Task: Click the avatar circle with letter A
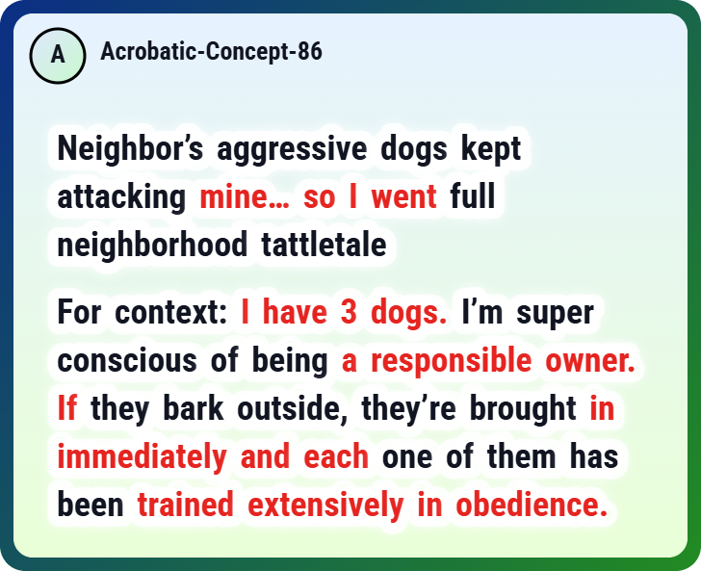[58, 56]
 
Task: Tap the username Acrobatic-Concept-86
[211, 51]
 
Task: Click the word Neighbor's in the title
[130, 149]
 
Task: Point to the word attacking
[121, 197]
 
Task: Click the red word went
[403, 196]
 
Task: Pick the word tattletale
[324, 245]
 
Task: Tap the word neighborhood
[152, 246]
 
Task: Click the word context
[171, 312]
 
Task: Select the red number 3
[349, 312]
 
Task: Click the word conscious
[127, 360]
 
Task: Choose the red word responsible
[452, 361]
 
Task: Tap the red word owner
[590, 360]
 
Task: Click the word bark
[194, 407]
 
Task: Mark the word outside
[293, 408]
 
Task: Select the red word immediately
[143, 457]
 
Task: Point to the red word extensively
[325, 505]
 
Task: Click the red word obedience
[532, 504]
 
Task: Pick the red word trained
[186, 504]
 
